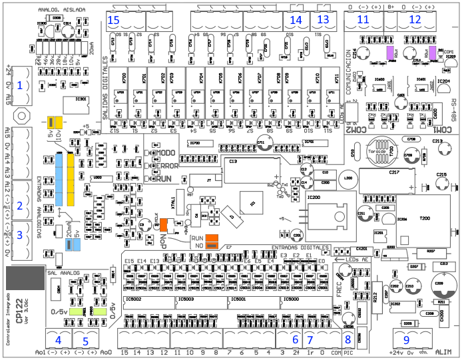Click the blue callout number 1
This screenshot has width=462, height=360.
pyautogui.click(x=20, y=85)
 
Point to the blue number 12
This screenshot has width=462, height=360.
pyautogui.click(x=415, y=19)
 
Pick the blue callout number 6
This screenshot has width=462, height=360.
pyautogui.click(x=295, y=338)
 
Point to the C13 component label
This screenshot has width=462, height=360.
pyautogui.click(x=233, y=161)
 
